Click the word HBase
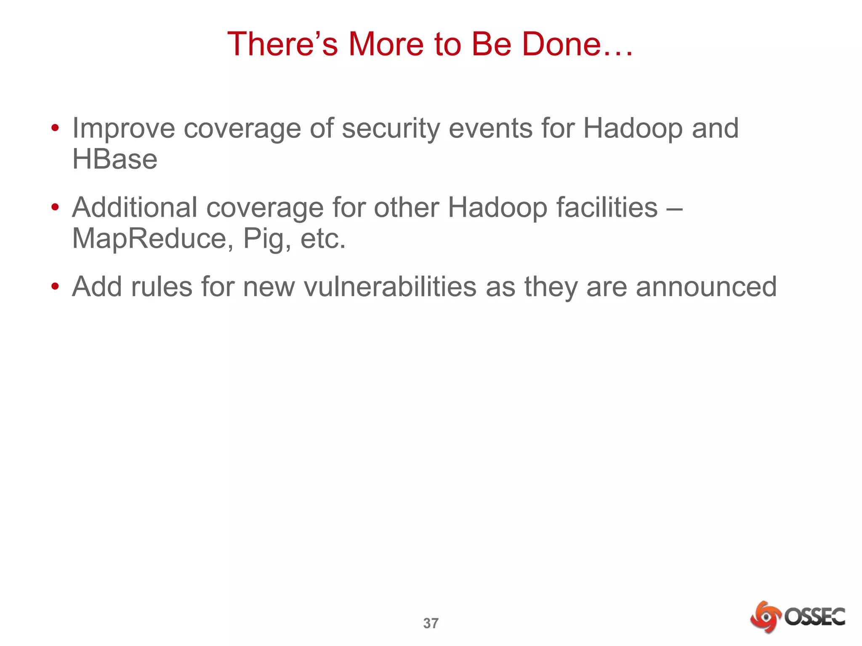(115, 159)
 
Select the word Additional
(135, 207)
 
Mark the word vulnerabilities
(390, 287)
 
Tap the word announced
(706, 287)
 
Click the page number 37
(431, 623)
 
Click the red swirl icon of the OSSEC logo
(766, 617)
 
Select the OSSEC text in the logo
(814, 617)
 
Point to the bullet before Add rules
(55, 287)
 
